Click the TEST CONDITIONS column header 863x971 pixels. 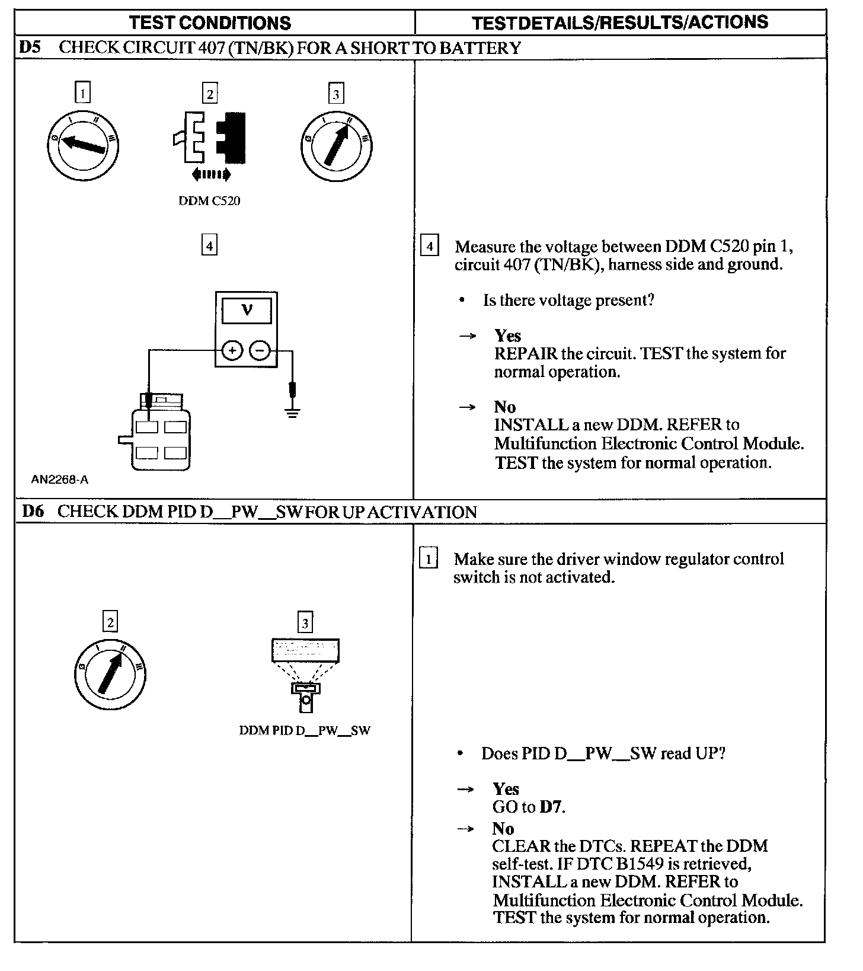click(210, 23)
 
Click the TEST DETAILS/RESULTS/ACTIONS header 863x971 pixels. click(620, 23)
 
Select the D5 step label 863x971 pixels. click(30, 47)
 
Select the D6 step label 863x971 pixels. click(33, 512)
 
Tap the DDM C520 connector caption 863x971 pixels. click(209, 201)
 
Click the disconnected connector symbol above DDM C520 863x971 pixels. click(209, 138)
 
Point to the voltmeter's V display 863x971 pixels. click(247, 310)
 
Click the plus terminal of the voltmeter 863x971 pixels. click(232, 351)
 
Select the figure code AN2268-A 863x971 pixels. click(59, 480)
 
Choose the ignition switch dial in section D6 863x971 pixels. click(110, 674)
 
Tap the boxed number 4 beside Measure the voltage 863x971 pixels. click(429, 246)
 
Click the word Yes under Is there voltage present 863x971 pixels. click(508, 336)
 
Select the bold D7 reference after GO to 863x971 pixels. click(551, 807)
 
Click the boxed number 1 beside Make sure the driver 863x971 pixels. click(428, 559)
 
